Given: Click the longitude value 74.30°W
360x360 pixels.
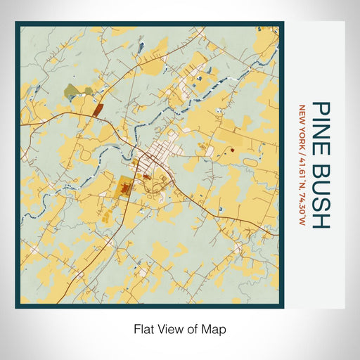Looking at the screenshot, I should click(302, 207).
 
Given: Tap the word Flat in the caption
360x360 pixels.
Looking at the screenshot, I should click(145, 328).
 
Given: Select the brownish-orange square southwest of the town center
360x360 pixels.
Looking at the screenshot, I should click(128, 188).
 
